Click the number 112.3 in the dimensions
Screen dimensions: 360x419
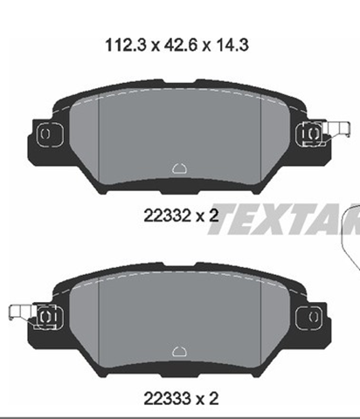tap(125, 45)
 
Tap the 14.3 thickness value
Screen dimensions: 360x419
tap(232, 45)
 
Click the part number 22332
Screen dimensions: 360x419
tap(167, 216)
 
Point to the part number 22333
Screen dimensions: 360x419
tap(167, 399)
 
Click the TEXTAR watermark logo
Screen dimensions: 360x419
tap(284, 219)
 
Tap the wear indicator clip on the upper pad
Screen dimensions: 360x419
tap(338, 130)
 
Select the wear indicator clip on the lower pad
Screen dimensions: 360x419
tap(21, 313)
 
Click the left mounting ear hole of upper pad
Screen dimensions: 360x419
tap(45, 134)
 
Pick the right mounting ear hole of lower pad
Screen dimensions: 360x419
tap(314, 317)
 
